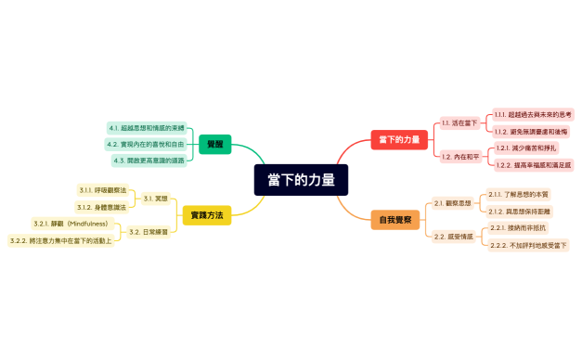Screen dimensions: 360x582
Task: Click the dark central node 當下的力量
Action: click(x=301, y=180)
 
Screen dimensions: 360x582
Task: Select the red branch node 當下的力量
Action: click(x=399, y=139)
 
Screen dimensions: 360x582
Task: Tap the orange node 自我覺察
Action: click(x=396, y=220)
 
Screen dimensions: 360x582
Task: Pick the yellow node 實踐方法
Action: click(x=205, y=214)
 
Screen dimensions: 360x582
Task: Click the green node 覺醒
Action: click(x=214, y=144)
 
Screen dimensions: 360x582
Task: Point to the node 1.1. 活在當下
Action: click(x=459, y=122)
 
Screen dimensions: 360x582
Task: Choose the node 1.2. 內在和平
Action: click(x=460, y=156)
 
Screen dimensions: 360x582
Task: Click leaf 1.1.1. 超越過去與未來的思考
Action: click(x=533, y=113)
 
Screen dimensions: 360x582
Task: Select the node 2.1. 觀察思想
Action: click(x=453, y=202)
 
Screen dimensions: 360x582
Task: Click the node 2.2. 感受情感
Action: click(x=453, y=237)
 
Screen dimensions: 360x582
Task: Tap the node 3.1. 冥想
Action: click(x=155, y=198)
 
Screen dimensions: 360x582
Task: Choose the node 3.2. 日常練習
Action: click(x=149, y=232)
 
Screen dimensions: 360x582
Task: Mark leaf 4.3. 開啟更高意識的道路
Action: click(x=149, y=161)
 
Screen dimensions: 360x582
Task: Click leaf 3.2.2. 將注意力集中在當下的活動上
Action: click(x=60, y=241)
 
